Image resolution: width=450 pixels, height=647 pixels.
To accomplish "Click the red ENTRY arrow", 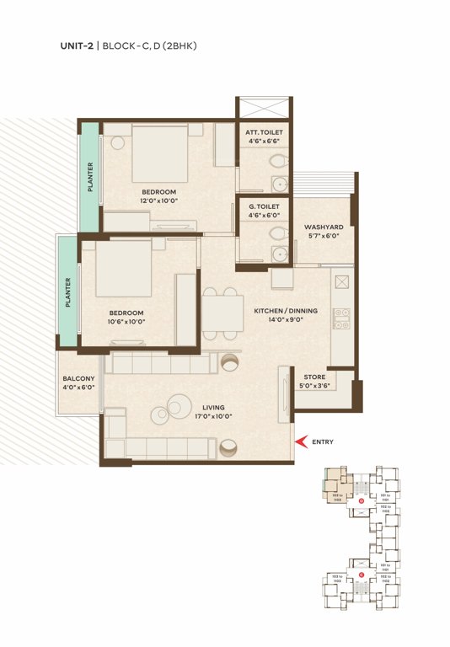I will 297,441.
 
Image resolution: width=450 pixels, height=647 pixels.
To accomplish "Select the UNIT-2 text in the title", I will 78,45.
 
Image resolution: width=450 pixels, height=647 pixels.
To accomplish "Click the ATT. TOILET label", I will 264,133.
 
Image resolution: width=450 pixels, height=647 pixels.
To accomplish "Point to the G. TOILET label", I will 264,206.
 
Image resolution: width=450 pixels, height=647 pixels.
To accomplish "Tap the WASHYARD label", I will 324,227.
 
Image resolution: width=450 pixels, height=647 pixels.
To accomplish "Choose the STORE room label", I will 315,377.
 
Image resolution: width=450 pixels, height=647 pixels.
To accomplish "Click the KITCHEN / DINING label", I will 286,311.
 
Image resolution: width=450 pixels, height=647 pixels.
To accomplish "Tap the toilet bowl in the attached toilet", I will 274,161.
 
